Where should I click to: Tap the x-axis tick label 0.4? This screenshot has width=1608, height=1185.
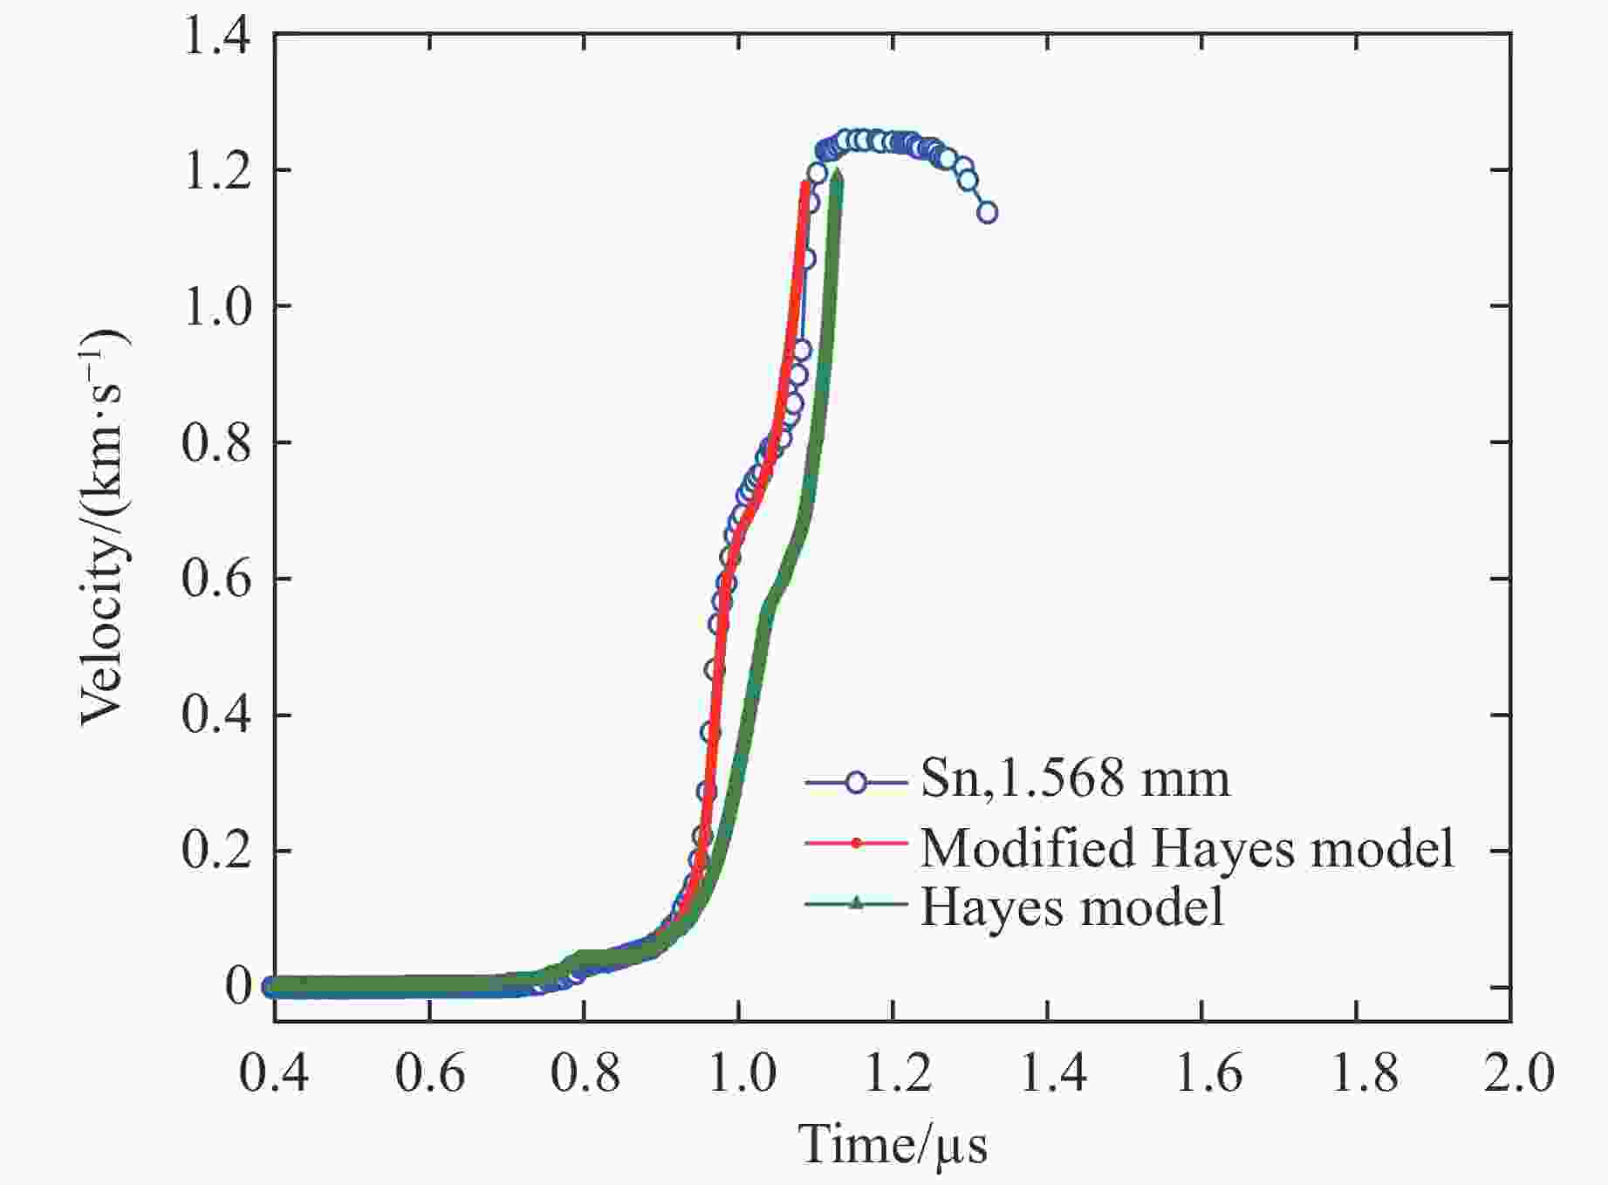[274, 1072]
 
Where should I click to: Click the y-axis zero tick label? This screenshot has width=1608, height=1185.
[238, 987]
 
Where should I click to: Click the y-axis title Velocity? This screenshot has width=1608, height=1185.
[103, 528]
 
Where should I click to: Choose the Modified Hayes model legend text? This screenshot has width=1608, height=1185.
[1187, 846]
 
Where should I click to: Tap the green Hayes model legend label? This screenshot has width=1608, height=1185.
[1072, 908]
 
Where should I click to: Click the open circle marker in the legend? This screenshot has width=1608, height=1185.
[856, 782]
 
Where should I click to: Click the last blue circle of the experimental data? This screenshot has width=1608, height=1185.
[987, 212]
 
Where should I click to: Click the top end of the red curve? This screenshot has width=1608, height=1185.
[804, 183]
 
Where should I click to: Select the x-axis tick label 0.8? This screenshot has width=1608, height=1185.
[585, 1072]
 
